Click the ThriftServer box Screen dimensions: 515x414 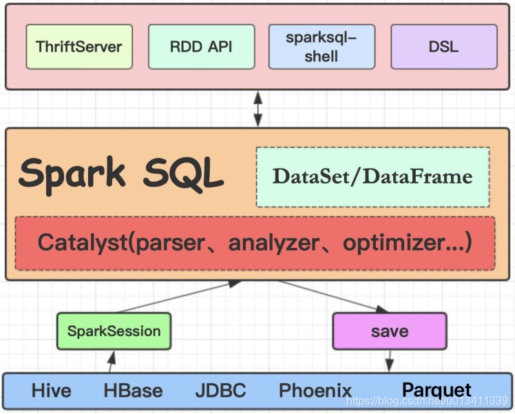point(79,47)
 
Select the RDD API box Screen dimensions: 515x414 point(201,47)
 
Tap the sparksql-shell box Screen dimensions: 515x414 point(322,47)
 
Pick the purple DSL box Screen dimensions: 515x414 point(444,47)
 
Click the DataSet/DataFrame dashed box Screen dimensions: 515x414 point(372,177)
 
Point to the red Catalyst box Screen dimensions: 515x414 point(255,243)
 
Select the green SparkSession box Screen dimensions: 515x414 point(114,331)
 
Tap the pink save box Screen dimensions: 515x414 point(390,331)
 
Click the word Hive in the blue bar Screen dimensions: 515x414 point(51,391)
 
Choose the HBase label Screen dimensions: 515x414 point(133,391)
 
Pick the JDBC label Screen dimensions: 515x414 point(221,391)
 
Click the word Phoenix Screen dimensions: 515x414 point(315,391)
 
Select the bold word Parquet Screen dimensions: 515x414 point(437,391)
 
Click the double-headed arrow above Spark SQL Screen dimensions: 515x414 point(258,109)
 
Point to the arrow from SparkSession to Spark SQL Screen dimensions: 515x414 point(179,296)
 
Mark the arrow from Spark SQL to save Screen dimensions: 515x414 point(333,296)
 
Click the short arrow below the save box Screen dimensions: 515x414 point(390,361)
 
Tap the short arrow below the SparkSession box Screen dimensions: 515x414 point(112,362)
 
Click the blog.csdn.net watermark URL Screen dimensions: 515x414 point(428,401)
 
